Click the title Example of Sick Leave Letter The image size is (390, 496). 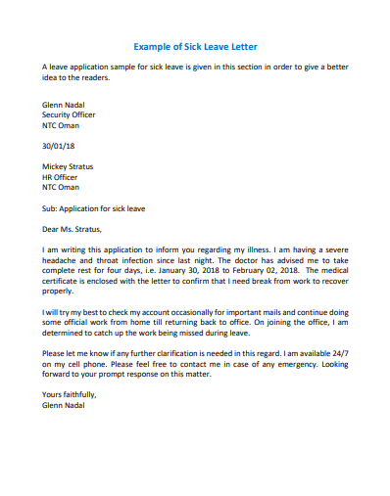[x=195, y=46]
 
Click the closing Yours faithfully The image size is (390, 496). [x=70, y=394]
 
